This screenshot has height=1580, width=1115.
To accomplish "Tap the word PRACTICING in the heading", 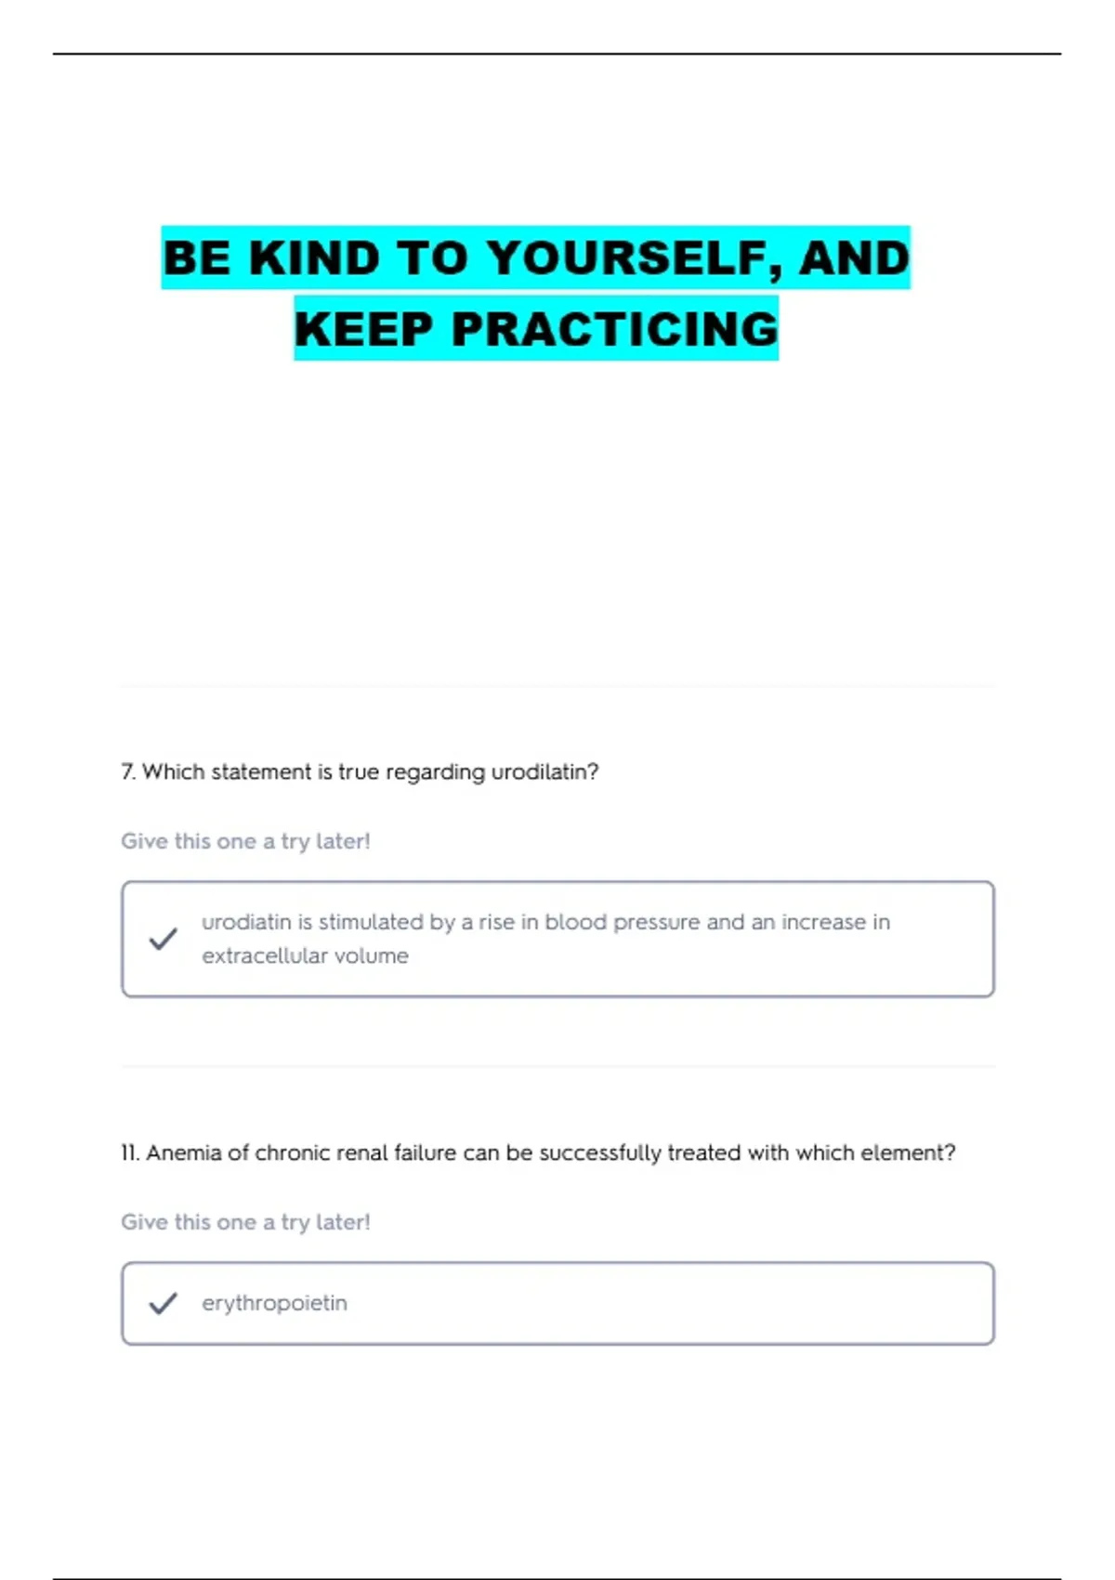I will pos(614,329).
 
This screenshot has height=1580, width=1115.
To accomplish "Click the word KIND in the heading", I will pos(314,258).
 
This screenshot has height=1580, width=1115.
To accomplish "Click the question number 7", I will pos(127,772).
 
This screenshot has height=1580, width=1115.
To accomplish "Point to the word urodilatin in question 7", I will pos(544,772).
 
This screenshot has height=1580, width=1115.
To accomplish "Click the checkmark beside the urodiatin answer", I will pos(163,939).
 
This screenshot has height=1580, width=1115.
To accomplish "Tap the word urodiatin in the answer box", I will pos(246,922).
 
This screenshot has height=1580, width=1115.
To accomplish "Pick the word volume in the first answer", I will pos(372,955).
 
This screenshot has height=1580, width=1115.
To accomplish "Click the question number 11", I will pos(129,1153).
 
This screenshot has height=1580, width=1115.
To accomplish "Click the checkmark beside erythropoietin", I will pos(163,1303).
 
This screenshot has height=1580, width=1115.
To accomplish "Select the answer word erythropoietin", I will pos(274,1303).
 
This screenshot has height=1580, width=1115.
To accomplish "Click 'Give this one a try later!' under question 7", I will pos(245,841).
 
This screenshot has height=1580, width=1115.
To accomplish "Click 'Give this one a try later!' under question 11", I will pos(245,1222).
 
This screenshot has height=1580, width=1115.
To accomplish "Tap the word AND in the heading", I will pos(854,258).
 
